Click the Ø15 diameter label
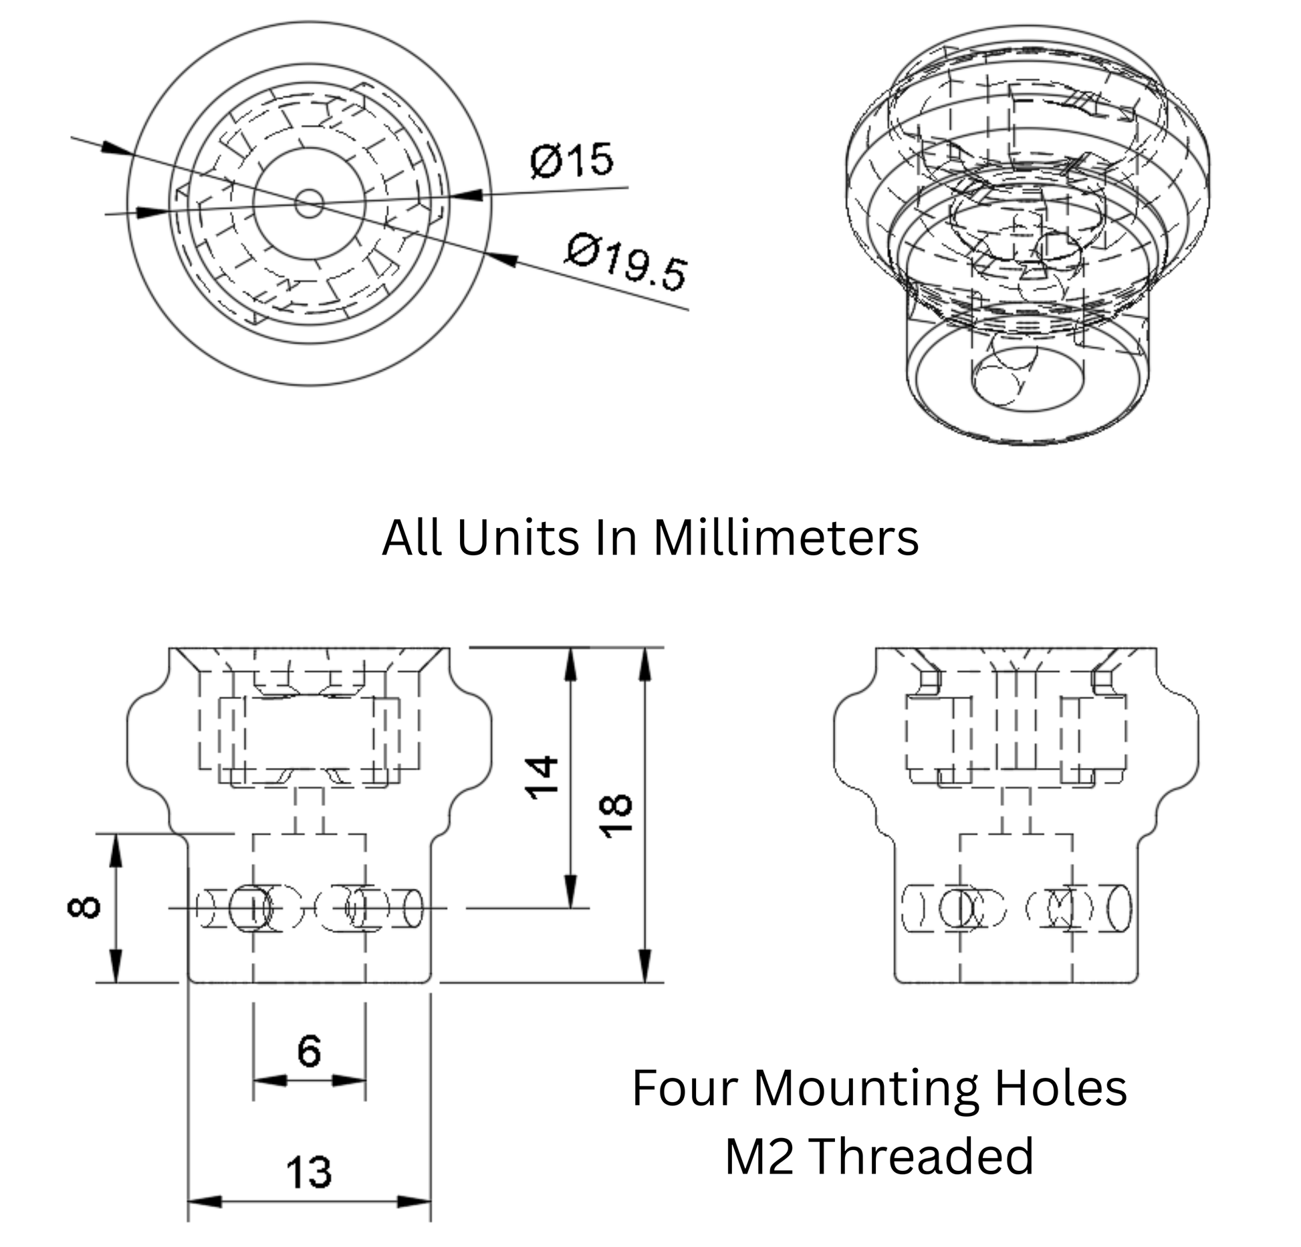pyautogui.click(x=571, y=160)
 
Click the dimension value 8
pyautogui.click(x=85, y=908)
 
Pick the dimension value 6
pyautogui.click(x=309, y=1051)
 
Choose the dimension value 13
pyautogui.click(x=309, y=1172)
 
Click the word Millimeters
pyautogui.click(x=786, y=538)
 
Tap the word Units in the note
pyautogui.click(x=517, y=538)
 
